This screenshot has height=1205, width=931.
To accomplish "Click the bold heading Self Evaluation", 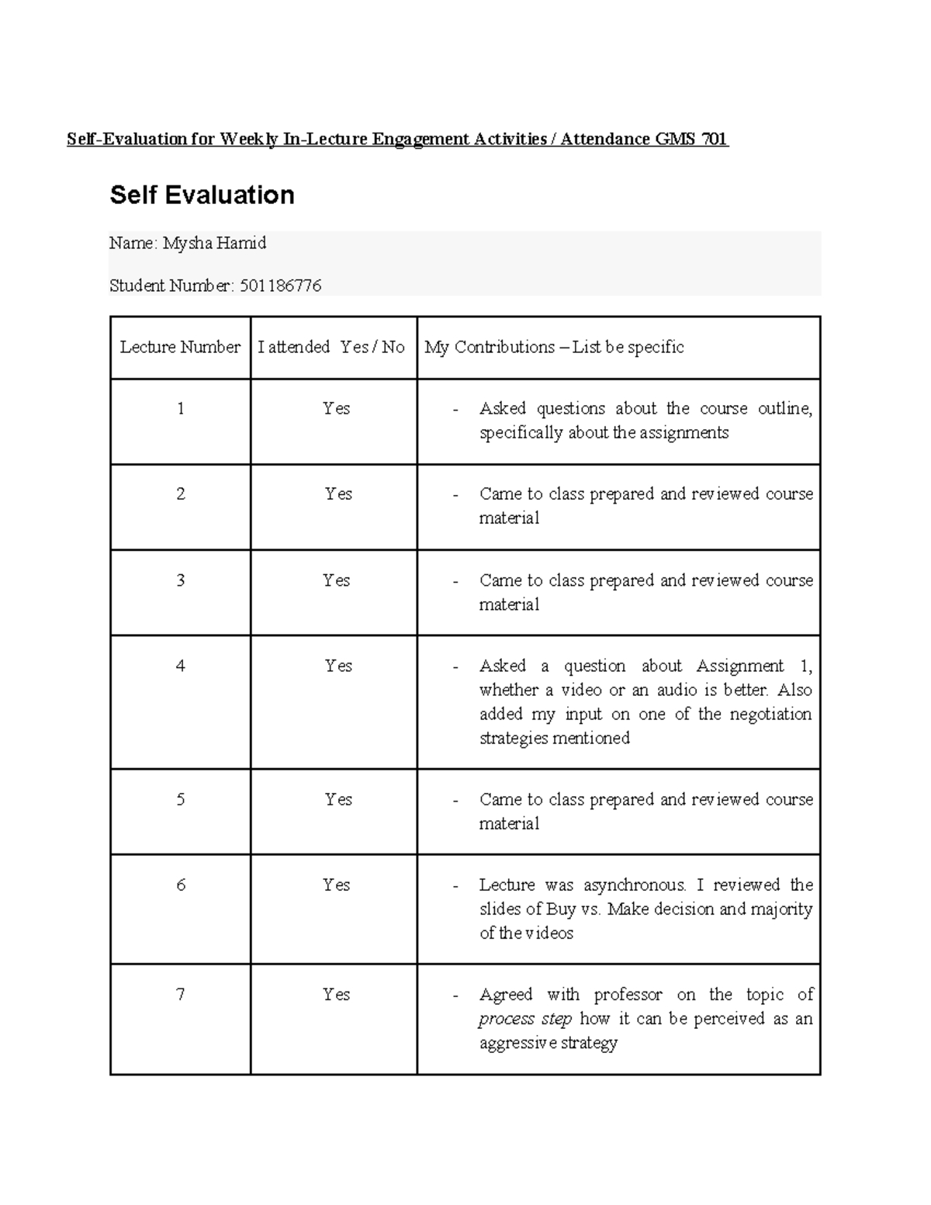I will click(x=202, y=195).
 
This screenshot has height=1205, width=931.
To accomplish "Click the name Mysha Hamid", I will click(x=214, y=244).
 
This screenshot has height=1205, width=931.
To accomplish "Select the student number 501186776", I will click(x=280, y=286).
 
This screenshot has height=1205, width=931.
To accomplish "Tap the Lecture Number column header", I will click(x=180, y=348).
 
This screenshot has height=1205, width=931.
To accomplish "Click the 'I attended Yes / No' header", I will click(x=331, y=348).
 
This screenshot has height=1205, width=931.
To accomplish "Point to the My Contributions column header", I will click(x=554, y=348).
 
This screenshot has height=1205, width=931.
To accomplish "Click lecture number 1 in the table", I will click(x=181, y=409).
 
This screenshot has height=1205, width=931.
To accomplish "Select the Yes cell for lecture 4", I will click(x=338, y=666).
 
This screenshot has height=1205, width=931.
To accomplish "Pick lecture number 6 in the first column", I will click(x=181, y=885).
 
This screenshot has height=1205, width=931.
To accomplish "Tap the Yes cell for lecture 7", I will click(x=336, y=995).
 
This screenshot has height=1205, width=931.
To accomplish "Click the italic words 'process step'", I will click(x=525, y=1019).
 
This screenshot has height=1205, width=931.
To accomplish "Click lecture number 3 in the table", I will click(x=181, y=580).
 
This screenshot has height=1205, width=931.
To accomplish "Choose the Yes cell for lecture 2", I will click(x=338, y=494).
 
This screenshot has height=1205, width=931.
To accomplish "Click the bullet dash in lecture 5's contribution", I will click(x=456, y=801).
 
